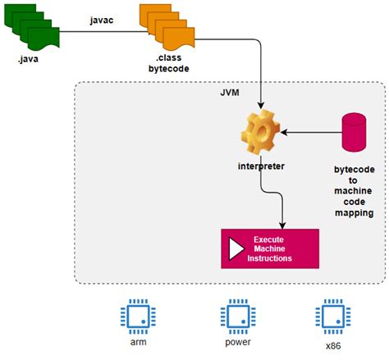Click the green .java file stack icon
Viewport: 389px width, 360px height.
tap(34, 27)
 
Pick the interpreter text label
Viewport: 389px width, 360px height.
tap(260, 166)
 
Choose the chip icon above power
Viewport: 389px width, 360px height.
tap(232, 316)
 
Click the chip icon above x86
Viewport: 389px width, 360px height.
tap(328, 316)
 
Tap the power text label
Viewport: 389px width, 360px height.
tap(232, 343)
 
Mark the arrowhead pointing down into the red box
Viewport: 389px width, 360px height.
tap(282, 224)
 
